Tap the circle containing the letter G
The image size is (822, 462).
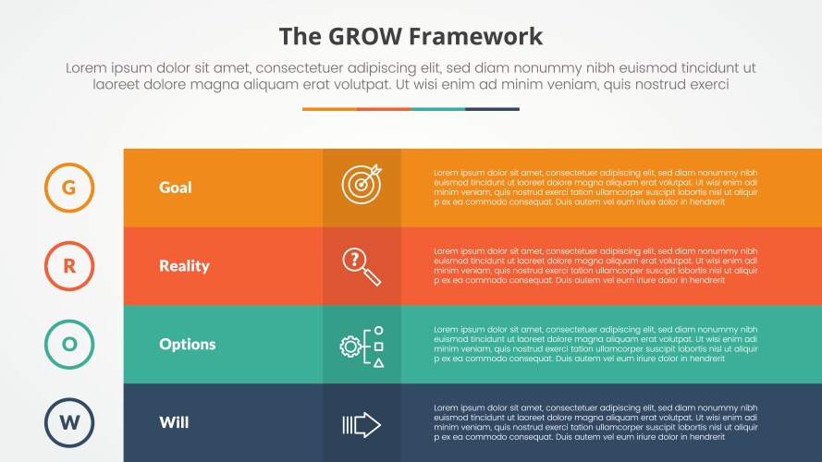[x=69, y=188]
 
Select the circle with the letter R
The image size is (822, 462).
[x=69, y=266]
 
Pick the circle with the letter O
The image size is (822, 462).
[x=69, y=345]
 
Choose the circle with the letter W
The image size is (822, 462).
[x=69, y=423]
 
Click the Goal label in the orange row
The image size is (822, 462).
[x=176, y=188]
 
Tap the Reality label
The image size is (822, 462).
[x=184, y=266]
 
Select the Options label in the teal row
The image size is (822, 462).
[x=187, y=345]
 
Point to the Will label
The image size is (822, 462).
[x=174, y=423]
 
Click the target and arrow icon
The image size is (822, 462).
[x=362, y=185]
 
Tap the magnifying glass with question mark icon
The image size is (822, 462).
[x=362, y=266]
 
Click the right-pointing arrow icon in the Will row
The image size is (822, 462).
[x=362, y=424]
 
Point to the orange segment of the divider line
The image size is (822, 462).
[x=329, y=109]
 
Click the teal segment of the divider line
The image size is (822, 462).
[x=437, y=109]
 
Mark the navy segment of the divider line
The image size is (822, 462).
[x=492, y=109]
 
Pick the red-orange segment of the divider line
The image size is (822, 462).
[x=384, y=109]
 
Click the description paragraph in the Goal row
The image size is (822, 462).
[x=595, y=188]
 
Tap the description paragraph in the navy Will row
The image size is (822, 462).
[x=595, y=423]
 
